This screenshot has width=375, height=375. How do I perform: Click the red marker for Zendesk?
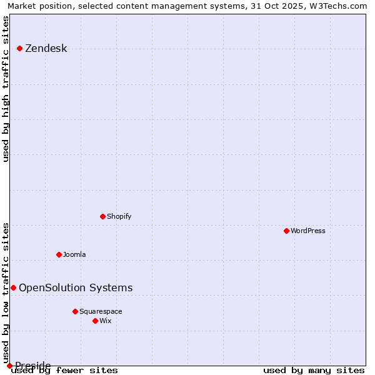click(19, 48)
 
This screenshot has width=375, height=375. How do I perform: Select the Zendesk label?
click(46, 49)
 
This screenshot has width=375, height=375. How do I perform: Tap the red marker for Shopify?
click(102, 216)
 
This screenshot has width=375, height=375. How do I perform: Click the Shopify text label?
click(119, 217)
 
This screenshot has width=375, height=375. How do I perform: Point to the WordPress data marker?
click(286, 231)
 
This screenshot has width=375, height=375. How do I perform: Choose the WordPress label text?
click(307, 231)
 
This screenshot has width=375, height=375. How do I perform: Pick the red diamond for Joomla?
click(59, 254)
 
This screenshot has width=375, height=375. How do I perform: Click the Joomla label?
click(74, 255)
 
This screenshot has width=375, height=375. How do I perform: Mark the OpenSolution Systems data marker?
click(13, 287)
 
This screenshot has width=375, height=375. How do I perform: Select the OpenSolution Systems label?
click(76, 288)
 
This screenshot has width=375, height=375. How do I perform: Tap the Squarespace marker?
click(75, 311)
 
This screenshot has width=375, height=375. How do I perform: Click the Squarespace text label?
click(101, 312)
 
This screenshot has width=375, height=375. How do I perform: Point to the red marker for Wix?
click(95, 321)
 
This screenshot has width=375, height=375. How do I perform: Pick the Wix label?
click(105, 321)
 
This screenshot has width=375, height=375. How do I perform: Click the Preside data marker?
click(9, 366)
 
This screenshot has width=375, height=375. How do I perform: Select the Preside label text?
click(32, 366)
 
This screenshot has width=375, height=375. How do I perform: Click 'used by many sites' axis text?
click(314, 371)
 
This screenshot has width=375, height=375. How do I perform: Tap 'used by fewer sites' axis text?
click(64, 371)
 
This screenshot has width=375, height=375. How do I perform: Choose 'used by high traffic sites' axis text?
click(6, 89)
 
